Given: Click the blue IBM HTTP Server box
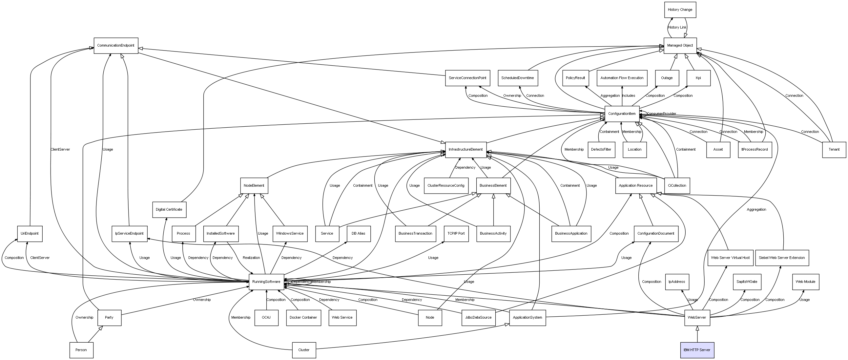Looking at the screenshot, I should pos(697,350).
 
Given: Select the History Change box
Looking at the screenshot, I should pos(680,10).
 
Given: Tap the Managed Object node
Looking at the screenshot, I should pos(680,46).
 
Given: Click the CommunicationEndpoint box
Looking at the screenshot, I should pos(115,46).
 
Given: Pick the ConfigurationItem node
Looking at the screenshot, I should pos(622,114).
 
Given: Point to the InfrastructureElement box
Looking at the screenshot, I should pos(465,150).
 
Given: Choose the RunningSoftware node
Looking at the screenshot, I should pos(266,282).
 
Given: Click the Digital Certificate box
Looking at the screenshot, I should pos(169,209).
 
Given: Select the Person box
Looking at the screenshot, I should pos(81,350).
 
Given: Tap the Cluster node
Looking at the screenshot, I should pos(303,350).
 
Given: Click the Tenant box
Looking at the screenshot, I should pos(834,150).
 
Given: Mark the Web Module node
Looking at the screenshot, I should pos(805,282).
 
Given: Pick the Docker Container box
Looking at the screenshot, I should pos(303,318).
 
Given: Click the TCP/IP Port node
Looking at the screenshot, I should pos(456,234).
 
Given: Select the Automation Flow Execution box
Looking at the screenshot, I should pos(622,78).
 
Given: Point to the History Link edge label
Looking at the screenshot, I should pos(677,27).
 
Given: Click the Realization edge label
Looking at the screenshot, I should pos(251,258).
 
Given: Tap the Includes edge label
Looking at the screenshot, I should pos(629,95).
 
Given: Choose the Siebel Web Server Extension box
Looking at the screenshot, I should pos(781,258).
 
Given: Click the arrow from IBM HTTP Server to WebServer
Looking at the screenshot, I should pos(697,334).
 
